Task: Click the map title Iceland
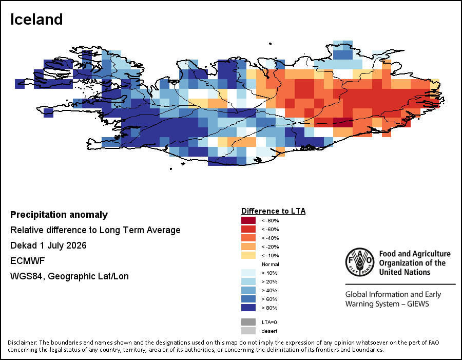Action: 36,20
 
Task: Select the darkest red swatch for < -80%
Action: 248,220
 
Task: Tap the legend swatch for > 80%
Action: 248,308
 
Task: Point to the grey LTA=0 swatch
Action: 248,322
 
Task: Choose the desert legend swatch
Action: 248,331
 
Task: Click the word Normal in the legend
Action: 270,264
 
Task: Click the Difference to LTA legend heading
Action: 274,211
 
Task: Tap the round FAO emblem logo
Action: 360,262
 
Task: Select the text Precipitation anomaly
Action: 59,215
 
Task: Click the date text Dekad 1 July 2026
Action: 48,245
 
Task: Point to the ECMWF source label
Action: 27,261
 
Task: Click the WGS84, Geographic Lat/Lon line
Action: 69,276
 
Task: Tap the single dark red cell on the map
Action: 343,122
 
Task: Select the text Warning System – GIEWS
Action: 387,304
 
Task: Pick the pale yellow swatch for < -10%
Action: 248,255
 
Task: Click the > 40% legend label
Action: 269,291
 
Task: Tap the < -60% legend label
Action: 270,230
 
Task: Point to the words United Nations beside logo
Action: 405,272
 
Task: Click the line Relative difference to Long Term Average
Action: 95,230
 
